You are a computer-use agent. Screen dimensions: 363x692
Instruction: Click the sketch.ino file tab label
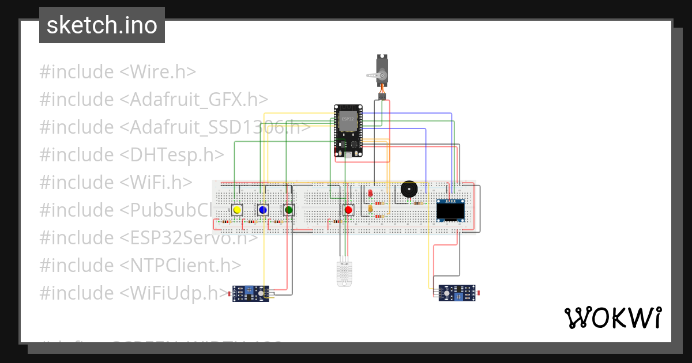102,25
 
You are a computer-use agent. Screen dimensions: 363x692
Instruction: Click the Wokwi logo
612,317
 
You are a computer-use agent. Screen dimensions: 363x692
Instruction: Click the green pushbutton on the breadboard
289,210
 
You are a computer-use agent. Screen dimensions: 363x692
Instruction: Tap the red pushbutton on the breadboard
348,210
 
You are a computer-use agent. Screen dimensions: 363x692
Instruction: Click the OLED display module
451,210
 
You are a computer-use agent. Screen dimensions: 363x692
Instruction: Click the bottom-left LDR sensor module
250,293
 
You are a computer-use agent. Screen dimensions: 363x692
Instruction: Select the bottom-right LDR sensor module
457,293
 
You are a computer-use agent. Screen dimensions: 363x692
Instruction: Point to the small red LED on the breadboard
370,193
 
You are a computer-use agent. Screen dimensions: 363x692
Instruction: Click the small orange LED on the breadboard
370,209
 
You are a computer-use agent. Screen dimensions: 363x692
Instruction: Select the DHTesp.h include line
131,155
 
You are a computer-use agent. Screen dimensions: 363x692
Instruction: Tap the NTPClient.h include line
140,265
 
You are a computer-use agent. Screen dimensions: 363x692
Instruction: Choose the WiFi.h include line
115,182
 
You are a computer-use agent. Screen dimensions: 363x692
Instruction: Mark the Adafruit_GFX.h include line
154,100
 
